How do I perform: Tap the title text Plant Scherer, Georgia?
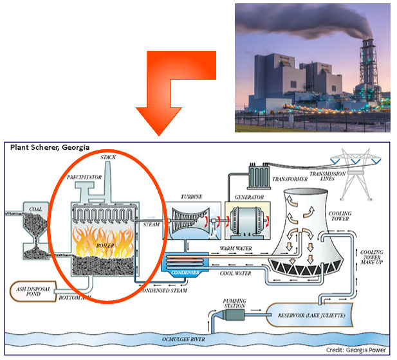pos(50,147)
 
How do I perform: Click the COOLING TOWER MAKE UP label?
pos(372,260)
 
